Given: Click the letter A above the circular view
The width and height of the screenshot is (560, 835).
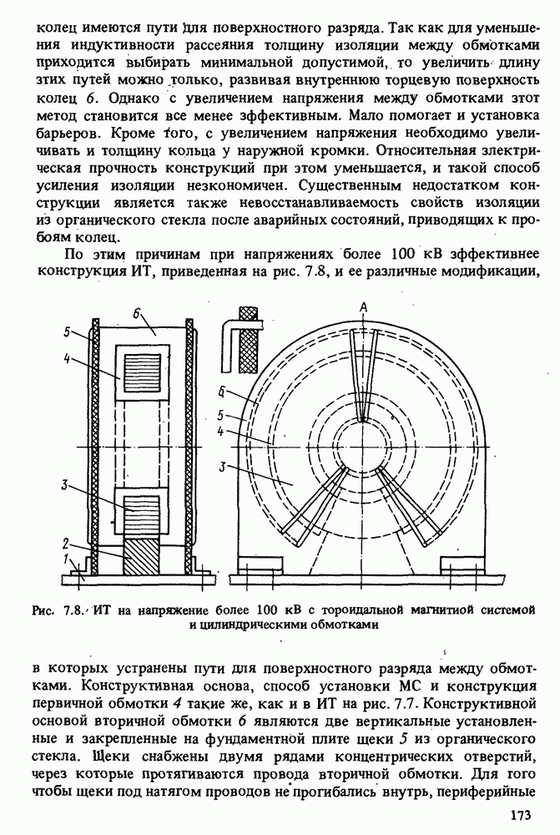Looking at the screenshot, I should pos(363,307).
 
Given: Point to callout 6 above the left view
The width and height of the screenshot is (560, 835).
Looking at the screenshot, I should pos(135,313).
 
